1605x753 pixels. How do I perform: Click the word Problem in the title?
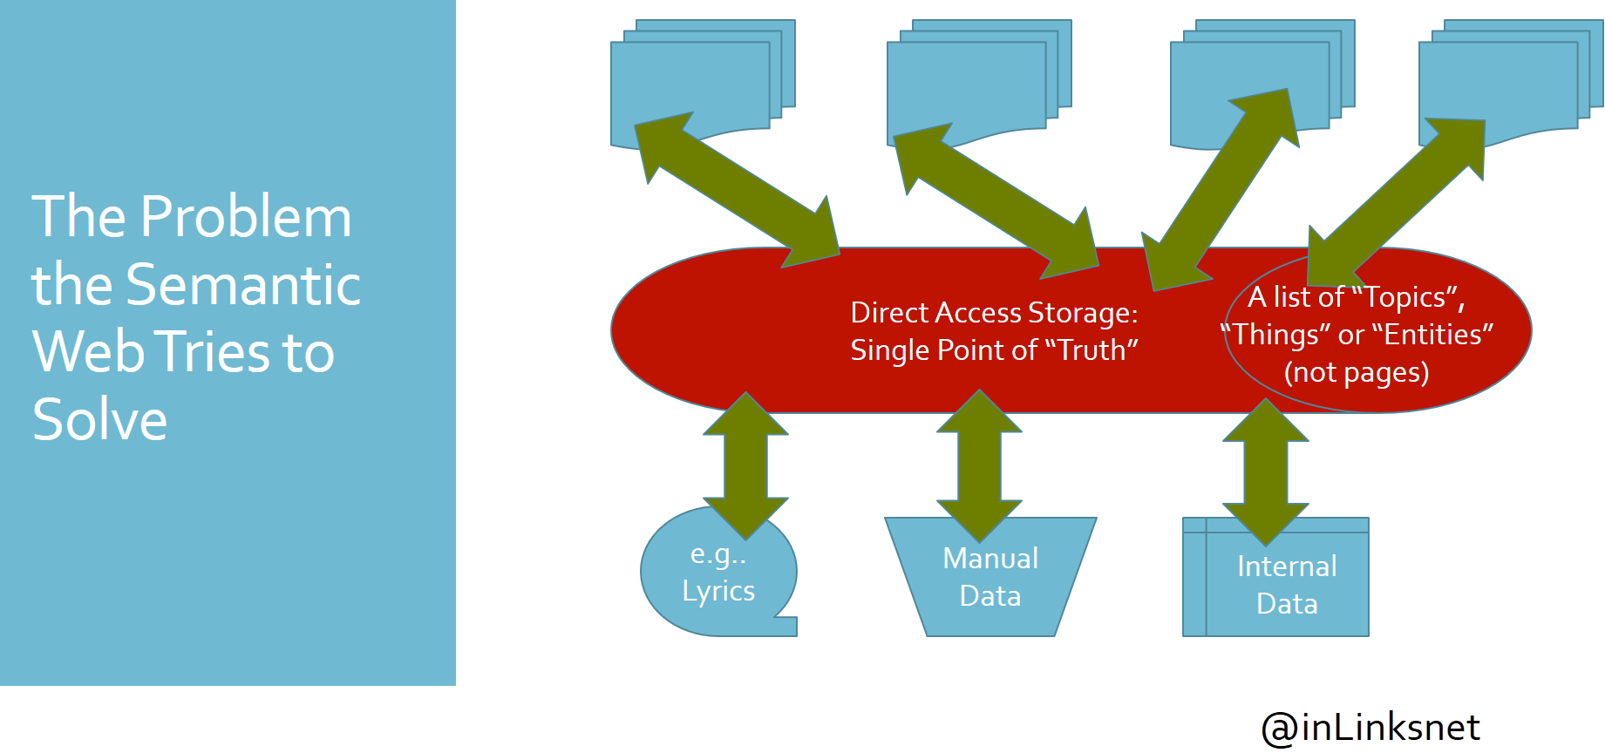point(246,217)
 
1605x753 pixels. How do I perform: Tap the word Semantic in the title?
point(243,285)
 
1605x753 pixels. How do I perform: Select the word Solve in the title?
point(99,420)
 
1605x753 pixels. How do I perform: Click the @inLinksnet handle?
point(1370,728)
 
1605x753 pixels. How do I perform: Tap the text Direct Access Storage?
point(994,312)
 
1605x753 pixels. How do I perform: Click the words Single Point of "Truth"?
point(994,350)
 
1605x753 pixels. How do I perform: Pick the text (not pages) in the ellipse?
point(1357,372)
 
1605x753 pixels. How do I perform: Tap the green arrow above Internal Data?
point(1265,471)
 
